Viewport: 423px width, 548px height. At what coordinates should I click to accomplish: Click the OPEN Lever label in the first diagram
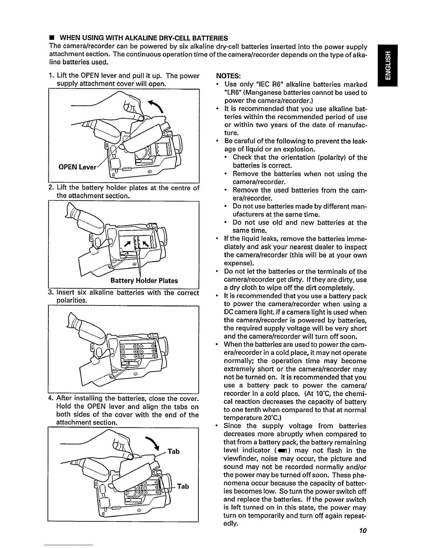pos(74,167)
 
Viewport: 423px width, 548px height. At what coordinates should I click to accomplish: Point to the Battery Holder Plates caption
pos(144,281)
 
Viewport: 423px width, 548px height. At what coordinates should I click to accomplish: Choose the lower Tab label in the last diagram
pos(183,486)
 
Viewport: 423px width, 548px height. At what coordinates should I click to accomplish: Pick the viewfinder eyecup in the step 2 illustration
pos(72,212)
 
